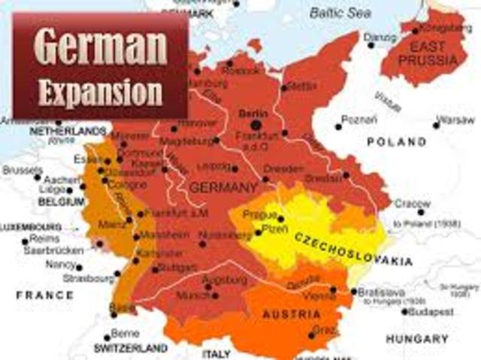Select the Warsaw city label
(456, 119)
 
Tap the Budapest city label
(431, 311)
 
